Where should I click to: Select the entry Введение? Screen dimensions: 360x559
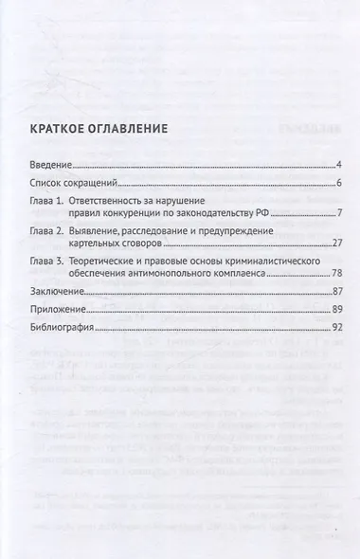point(51,166)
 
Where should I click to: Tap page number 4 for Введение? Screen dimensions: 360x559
point(338,166)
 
